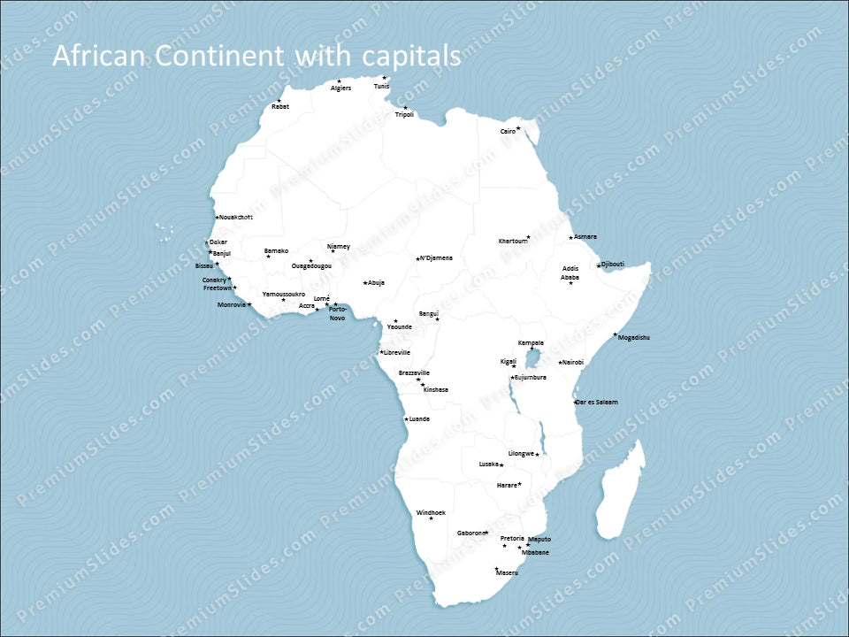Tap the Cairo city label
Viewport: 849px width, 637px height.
pos(508,131)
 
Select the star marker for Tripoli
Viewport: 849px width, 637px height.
pos(405,108)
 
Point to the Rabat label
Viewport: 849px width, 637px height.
pos(280,107)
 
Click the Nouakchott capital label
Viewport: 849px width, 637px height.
pos(236,217)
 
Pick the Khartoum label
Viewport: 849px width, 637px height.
pos(512,241)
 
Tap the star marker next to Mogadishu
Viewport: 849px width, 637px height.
pos(615,334)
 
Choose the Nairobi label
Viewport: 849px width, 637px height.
pos(573,362)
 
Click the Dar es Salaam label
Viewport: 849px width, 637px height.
pos(597,403)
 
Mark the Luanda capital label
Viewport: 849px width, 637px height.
pos(420,419)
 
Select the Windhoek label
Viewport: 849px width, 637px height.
pos(431,512)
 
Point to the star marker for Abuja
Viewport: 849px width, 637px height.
pos(364,283)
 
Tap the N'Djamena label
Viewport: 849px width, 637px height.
pos(437,258)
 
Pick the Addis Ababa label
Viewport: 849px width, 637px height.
pos(570,272)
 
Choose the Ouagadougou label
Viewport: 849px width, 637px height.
pos(312,266)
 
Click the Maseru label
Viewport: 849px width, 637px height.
pos(508,573)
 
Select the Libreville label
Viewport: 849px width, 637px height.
pos(397,352)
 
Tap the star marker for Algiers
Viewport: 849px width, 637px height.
pos(339,81)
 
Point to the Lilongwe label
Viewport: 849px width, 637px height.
pos(521,454)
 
